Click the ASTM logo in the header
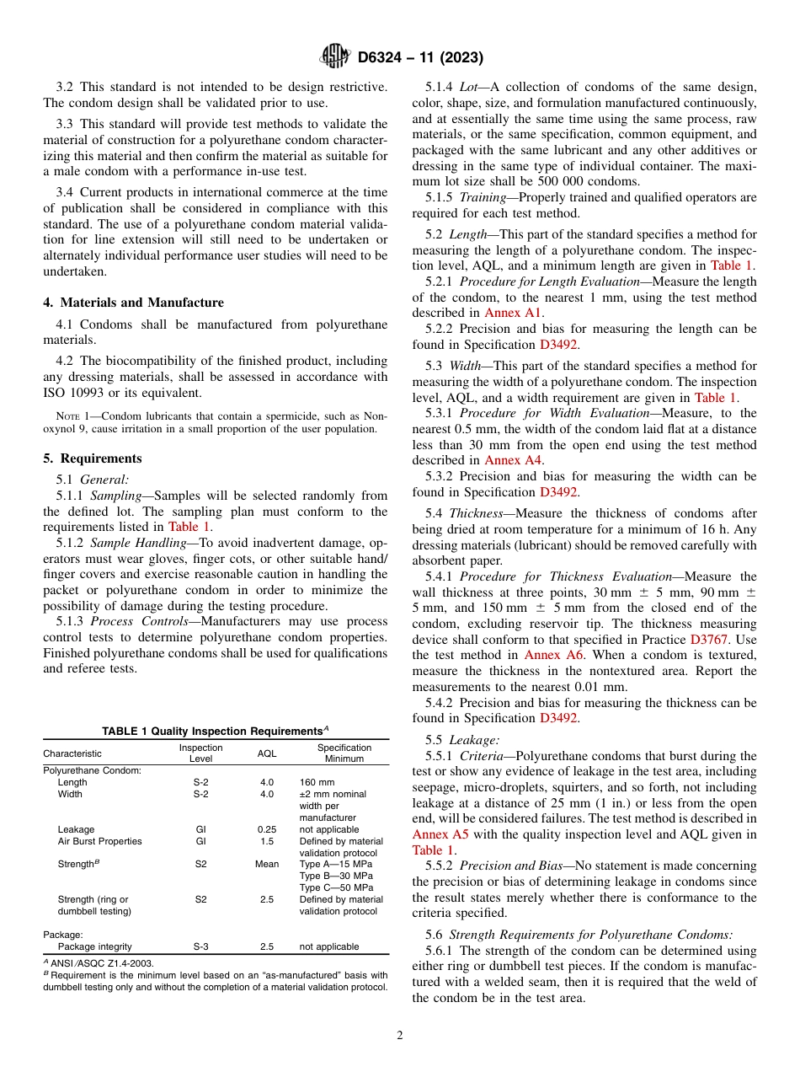tap(336, 57)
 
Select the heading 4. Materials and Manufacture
tap(133, 303)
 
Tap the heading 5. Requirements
tap(93, 458)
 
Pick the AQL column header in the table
tap(266, 753)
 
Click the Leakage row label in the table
tap(76, 829)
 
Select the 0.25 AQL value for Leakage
tap(266, 829)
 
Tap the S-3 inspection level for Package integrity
tap(201, 946)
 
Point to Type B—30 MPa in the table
tap(336, 876)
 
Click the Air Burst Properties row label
tap(99, 841)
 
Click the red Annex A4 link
tap(513, 460)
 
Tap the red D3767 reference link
tap(710, 640)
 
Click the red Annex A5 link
tap(440, 834)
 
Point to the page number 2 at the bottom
tap(400, 1036)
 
